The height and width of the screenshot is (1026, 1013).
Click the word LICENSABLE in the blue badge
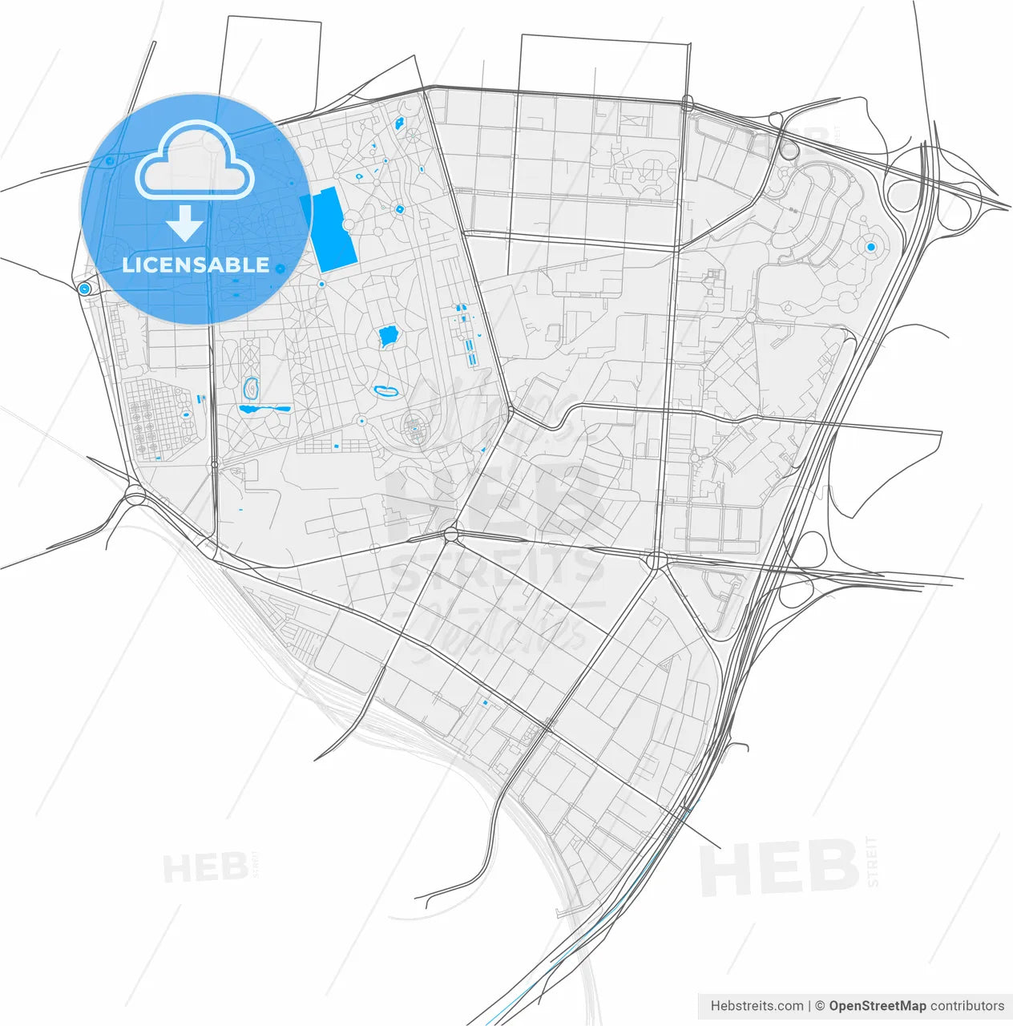(196, 265)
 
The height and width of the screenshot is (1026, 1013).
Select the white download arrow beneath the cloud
(185, 222)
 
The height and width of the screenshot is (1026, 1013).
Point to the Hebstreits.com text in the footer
(757, 1006)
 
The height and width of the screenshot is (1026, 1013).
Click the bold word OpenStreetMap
(878, 1006)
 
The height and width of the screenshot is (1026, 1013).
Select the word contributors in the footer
(967, 1006)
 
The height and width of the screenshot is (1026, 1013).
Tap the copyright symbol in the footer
(819, 1006)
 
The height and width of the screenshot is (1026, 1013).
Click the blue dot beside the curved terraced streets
(870, 247)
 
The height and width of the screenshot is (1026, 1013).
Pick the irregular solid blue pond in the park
(389, 337)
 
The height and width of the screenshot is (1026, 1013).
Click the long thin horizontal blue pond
(264, 409)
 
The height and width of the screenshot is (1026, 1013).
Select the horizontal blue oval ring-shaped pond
(387, 391)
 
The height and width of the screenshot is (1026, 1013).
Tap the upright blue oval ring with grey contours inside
(252, 390)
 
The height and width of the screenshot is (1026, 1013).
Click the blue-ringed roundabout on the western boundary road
(84, 289)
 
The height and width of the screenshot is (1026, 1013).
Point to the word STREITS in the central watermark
(497, 565)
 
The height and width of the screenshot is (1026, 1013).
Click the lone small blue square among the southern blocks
(485, 703)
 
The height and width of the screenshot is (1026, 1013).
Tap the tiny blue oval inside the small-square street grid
(186, 415)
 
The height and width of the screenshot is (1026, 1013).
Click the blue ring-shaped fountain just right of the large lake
(399, 209)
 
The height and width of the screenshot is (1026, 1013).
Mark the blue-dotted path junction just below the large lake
(321, 284)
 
